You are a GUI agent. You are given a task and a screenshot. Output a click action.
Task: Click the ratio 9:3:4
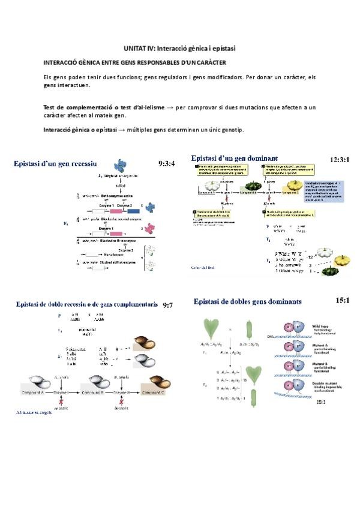click(166, 163)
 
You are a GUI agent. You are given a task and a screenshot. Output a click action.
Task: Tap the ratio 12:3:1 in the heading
click(341, 160)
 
